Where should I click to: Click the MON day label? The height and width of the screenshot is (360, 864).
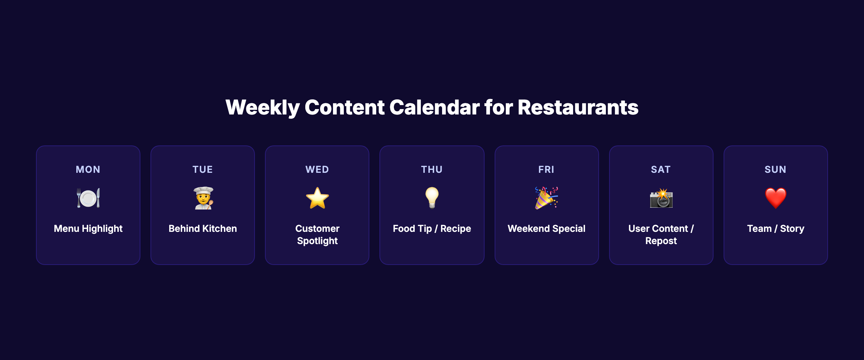88,170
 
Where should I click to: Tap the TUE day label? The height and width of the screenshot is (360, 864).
203,170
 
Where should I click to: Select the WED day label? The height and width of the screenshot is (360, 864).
317,170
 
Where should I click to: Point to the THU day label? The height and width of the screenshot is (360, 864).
432,170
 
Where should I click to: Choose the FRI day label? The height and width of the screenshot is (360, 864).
546,170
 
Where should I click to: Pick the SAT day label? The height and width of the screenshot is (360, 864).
661,170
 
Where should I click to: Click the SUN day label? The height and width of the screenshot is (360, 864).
775,170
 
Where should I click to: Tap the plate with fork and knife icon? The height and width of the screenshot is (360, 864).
88,198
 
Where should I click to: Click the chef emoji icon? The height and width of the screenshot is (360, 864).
203,198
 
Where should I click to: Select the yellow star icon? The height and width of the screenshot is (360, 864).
317,198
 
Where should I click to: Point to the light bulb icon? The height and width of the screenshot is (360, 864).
432,198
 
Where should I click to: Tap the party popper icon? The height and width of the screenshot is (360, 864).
546,198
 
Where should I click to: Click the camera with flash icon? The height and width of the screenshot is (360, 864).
661,198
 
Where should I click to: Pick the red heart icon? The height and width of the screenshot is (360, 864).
775,198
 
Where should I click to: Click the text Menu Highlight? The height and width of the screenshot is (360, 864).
88,229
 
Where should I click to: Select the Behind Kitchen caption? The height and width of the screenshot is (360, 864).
203,229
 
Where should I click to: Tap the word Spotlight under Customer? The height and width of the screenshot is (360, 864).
317,241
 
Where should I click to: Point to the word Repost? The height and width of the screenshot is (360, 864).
661,241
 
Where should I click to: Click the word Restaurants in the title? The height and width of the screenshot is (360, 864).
578,107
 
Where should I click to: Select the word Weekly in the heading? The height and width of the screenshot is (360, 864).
263,107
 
